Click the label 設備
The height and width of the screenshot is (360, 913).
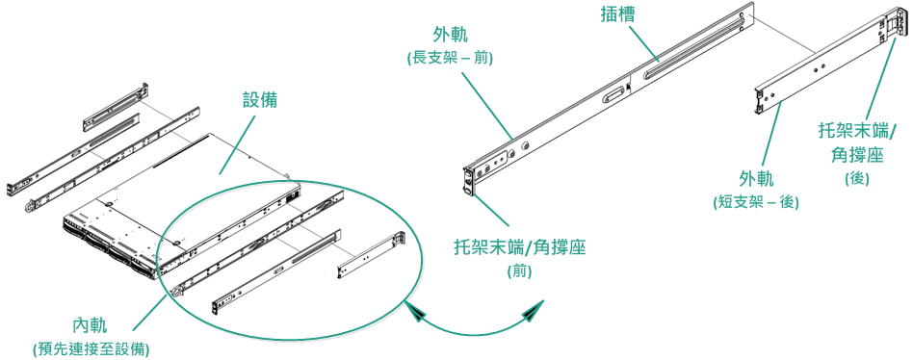[260, 100]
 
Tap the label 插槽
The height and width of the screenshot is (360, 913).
[617, 14]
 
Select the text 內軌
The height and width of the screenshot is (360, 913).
[91, 325]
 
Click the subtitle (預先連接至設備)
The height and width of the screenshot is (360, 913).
[91, 349]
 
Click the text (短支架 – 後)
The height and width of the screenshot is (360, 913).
[756, 202]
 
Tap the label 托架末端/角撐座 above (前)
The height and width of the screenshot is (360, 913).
[520, 247]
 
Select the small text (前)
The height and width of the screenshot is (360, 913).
[519, 271]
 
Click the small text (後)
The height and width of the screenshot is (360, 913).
[857, 178]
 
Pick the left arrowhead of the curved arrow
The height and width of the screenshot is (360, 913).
[417, 312]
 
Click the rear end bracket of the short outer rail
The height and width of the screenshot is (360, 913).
[899, 26]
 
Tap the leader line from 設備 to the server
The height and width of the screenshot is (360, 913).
[238, 144]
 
